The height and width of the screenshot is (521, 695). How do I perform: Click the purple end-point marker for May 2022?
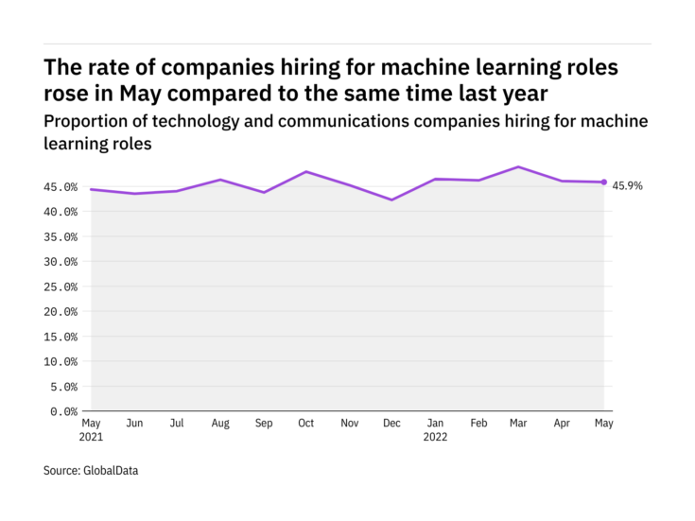603,182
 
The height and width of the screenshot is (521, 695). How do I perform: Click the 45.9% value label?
627,185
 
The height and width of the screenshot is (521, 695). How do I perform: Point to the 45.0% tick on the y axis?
61,187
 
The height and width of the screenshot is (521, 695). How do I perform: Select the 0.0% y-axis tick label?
64,412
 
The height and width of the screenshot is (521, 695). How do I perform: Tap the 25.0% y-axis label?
61,287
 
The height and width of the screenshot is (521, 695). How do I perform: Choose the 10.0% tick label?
61,362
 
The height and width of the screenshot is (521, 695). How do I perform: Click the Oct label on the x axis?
305,423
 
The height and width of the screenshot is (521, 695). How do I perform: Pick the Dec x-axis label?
391,423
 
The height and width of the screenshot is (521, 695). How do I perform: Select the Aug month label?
220,424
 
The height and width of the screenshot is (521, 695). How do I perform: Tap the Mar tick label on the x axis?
518,423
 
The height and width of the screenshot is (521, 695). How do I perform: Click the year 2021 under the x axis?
91,437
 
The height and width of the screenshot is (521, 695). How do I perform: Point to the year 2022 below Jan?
435,437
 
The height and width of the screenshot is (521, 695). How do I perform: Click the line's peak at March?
518,166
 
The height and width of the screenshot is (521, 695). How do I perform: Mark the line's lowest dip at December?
391,200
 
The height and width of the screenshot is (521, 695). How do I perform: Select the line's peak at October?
306,171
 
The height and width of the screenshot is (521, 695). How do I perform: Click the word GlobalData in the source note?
111,471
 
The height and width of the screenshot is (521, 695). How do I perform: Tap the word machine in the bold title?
425,67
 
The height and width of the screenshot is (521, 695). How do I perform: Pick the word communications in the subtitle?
343,121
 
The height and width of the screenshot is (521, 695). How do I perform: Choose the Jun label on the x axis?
134,423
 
